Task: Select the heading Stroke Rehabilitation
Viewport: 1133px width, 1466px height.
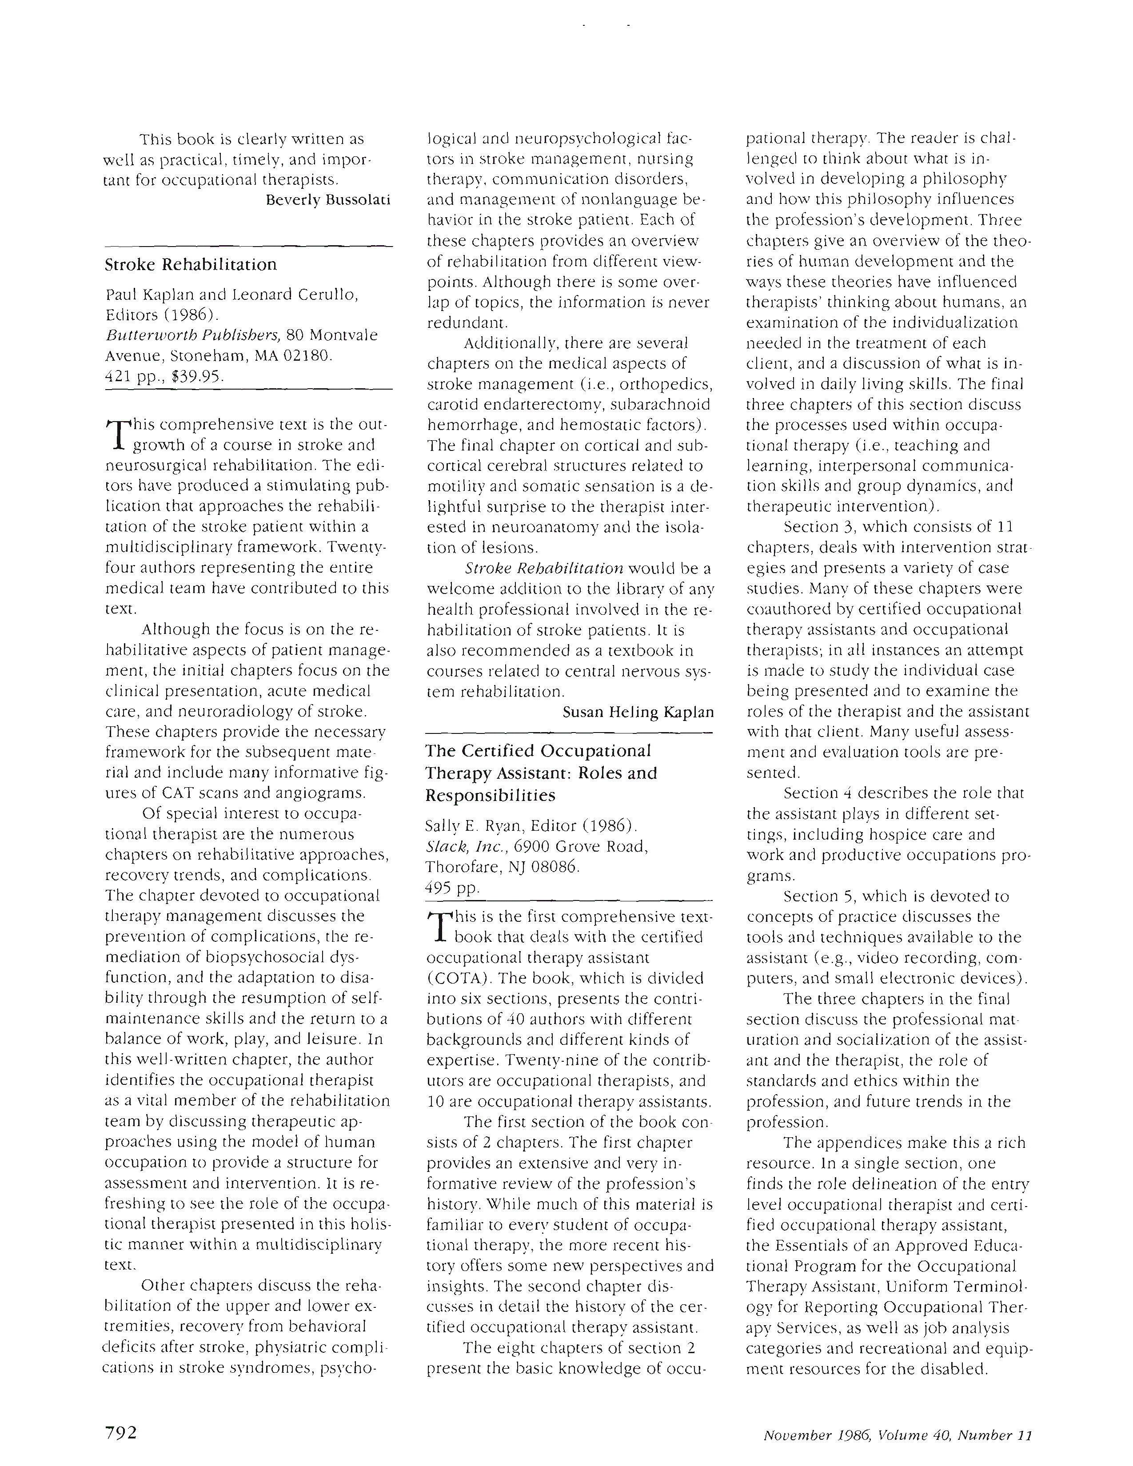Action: pyautogui.click(x=191, y=264)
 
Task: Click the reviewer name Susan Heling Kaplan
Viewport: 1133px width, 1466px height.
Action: pyautogui.click(x=638, y=712)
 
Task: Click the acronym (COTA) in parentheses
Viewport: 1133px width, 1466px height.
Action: pyautogui.click(x=452, y=978)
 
